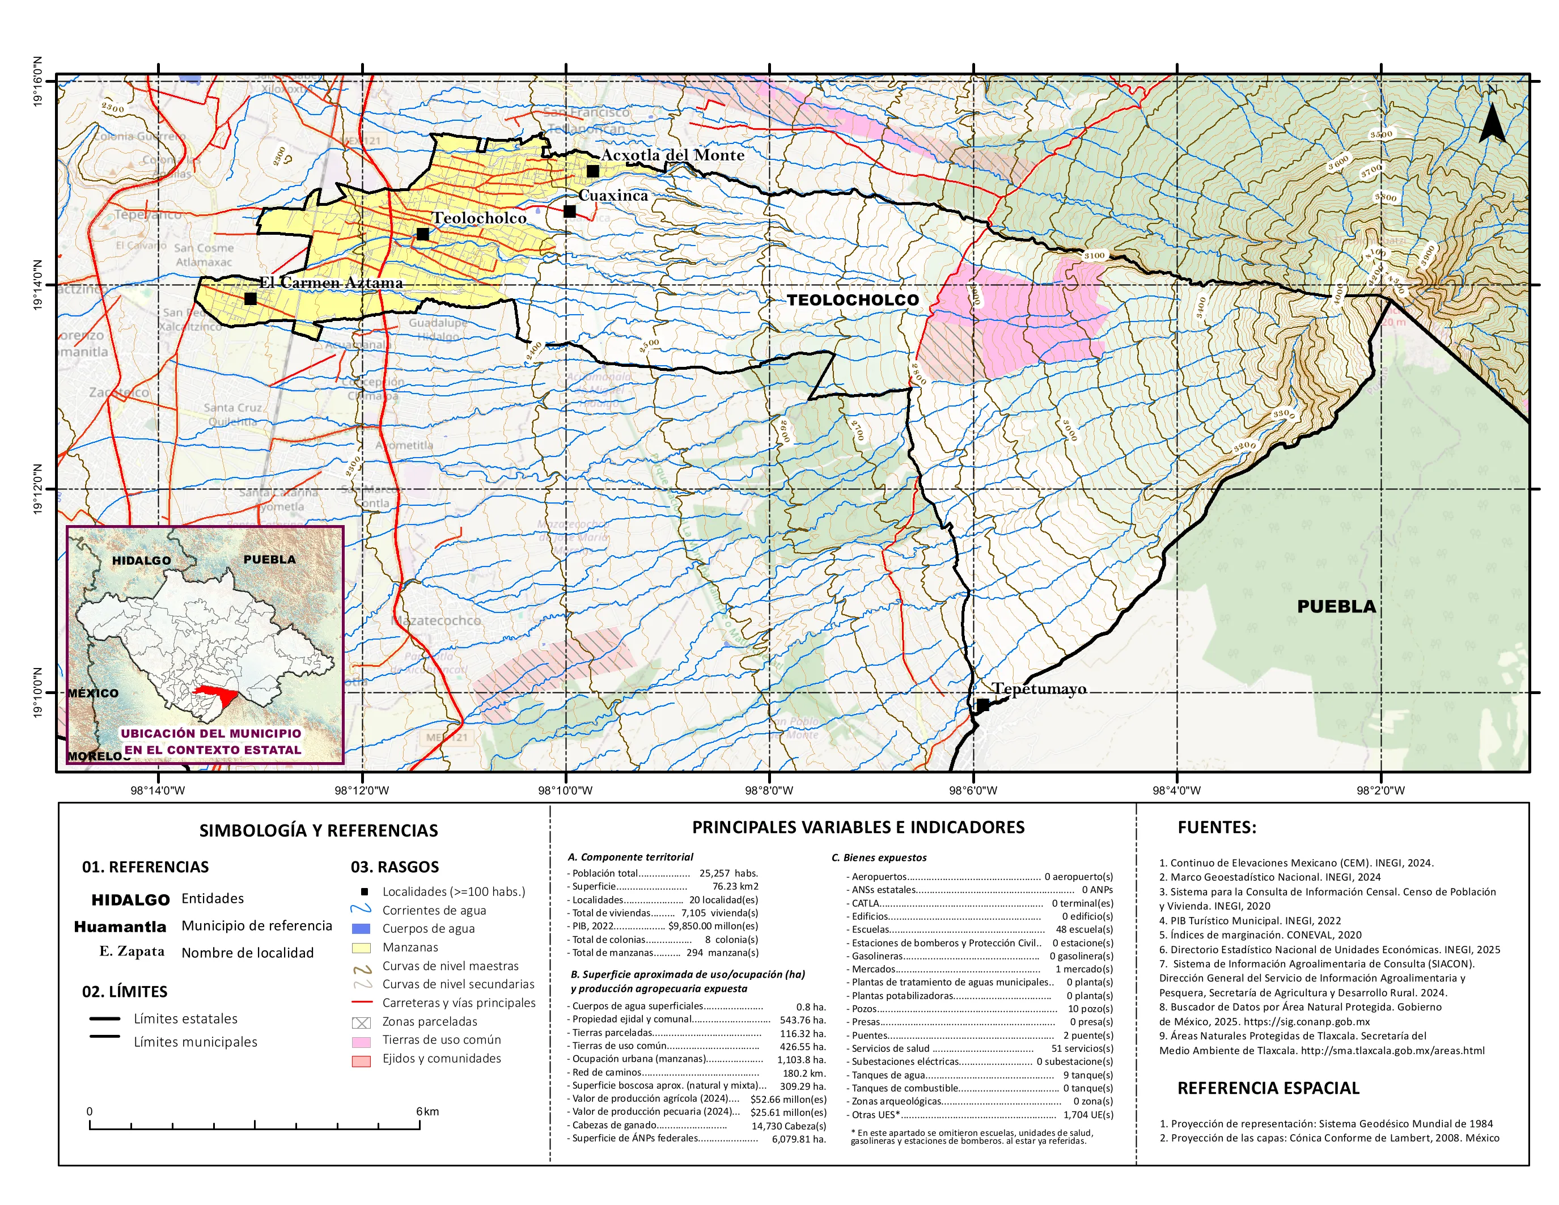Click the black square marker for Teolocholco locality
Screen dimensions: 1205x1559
(422, 234)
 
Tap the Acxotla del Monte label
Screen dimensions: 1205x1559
(672, 155)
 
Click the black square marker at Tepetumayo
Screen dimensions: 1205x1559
(982, 705)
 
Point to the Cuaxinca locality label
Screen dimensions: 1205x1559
(613, 195)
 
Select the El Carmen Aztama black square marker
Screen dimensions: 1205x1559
(250, 298)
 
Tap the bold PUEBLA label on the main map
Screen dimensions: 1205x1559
(1336, 606)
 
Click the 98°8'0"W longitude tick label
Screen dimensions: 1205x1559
(769, 790)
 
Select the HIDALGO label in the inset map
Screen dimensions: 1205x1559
(141, 560)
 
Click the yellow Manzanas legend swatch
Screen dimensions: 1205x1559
(361, 948)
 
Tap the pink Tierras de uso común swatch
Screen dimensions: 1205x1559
(361, 1041)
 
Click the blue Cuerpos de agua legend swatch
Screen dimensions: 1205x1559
(361, 929)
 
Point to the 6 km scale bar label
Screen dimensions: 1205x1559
(427, 1111)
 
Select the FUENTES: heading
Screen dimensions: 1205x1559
(1217, 827)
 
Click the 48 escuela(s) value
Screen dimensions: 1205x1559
(1083, 929)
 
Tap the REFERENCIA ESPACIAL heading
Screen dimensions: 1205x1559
(1268, 1088)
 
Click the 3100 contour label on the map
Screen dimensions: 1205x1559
(1094, 255)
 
